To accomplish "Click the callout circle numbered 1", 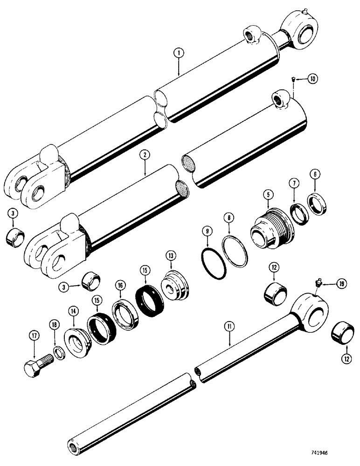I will click(178, 54).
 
